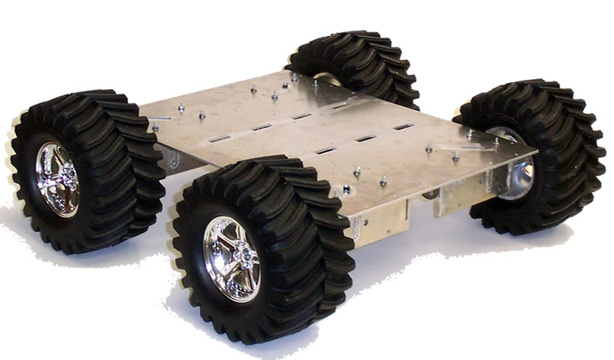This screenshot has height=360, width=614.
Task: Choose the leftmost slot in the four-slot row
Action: tap(220, 138)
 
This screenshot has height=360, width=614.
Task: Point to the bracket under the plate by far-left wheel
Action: tap(173, 160)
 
